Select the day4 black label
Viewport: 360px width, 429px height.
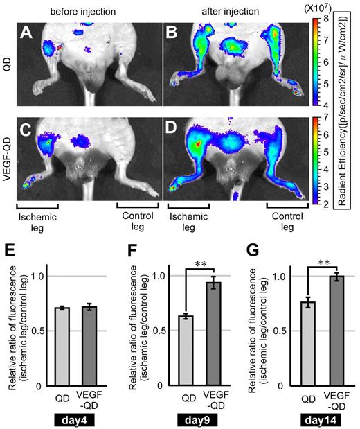point(74,421)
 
